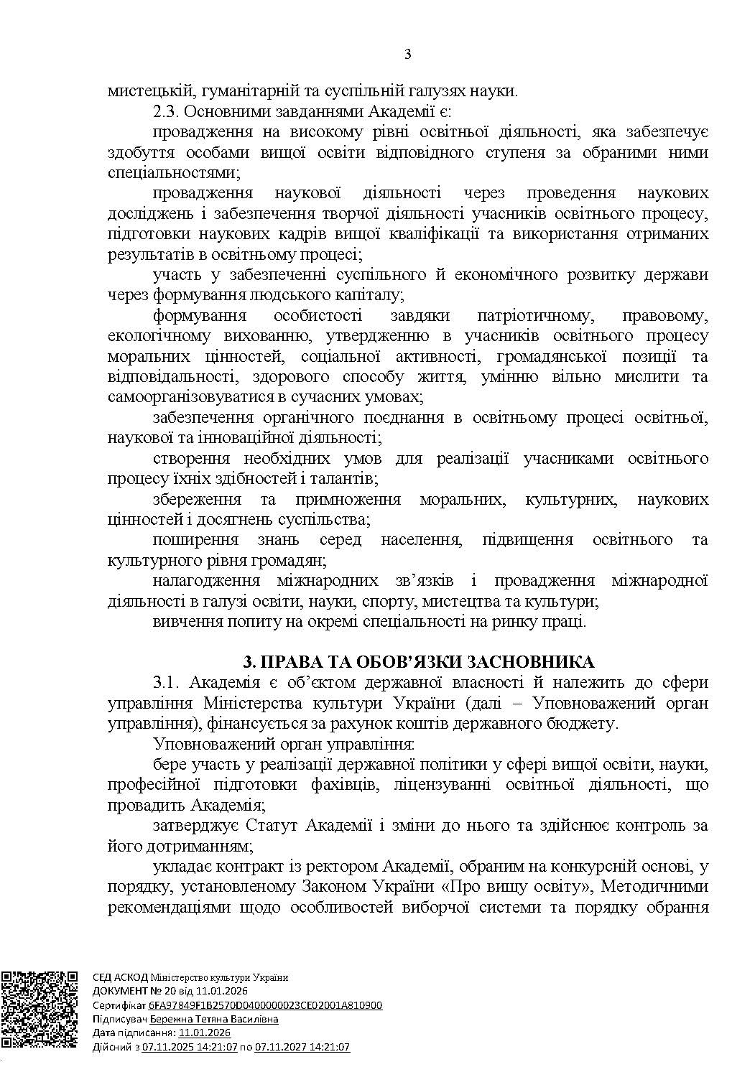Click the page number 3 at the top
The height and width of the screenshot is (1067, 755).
pyautogui.click(x=407, y=55)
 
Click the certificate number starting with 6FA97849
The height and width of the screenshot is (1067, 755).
pyautogui.click(x=266, y=1006)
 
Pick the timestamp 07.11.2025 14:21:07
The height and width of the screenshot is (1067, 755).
pyautogui.click(x=190, y=1047)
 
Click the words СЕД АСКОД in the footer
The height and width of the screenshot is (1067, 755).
pyautogui.click(x=120, y=977)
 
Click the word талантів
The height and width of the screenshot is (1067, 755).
pyautogui.click(x=342, y=478)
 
